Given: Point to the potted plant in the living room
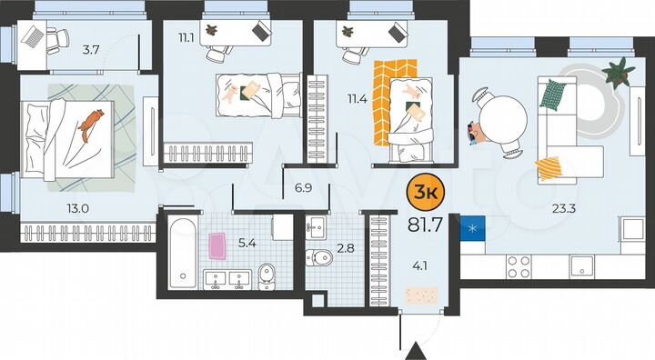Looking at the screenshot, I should click(620, 70).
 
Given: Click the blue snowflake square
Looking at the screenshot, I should click(471, 227).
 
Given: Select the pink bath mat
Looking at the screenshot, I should click(218, 244).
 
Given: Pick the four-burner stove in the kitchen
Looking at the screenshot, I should click(519, 265).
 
